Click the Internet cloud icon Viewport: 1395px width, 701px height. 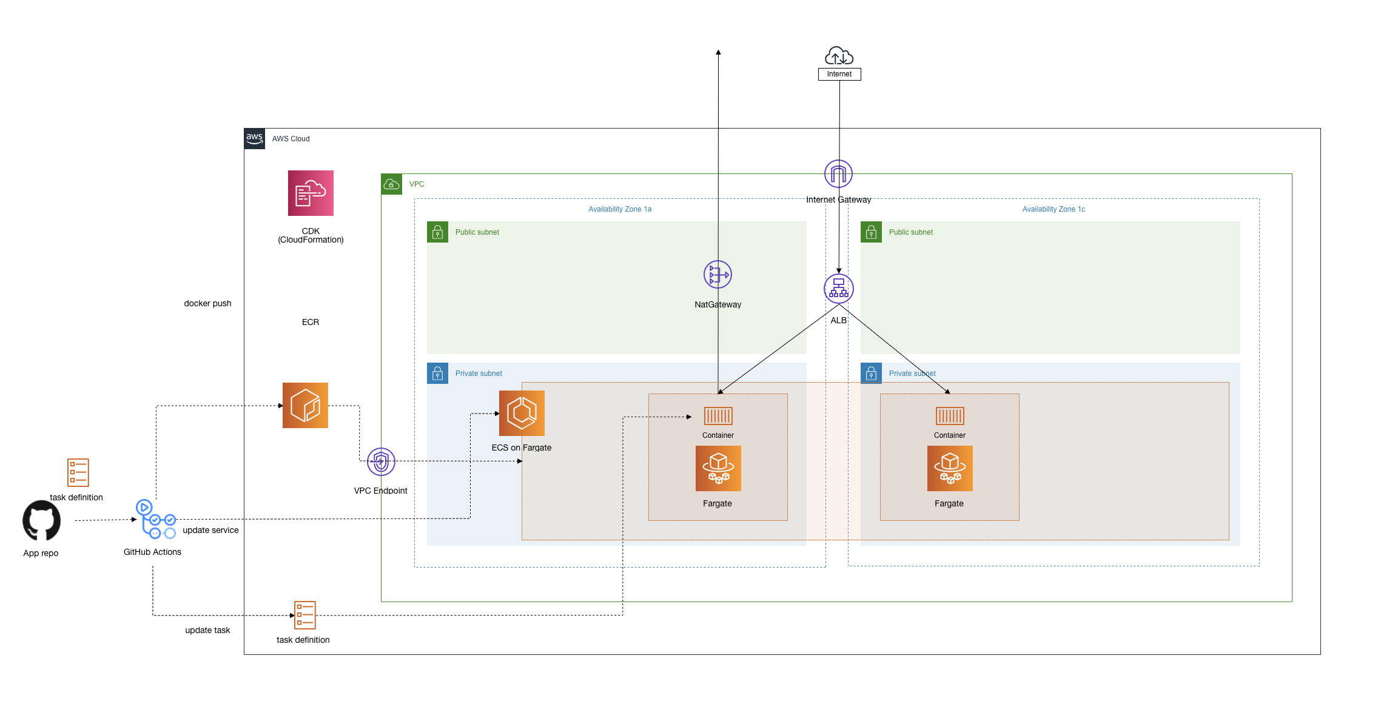coord(839,56)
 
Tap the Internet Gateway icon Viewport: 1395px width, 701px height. coord(838,174)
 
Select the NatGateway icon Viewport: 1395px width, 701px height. coord(718,275)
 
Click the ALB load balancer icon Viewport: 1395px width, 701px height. coord(839,289)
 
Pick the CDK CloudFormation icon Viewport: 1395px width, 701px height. coord(311,193)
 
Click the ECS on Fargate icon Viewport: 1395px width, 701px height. coord(522,413)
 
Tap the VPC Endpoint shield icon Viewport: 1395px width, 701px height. coord(381,462)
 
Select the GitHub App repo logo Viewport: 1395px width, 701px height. coord(41,520)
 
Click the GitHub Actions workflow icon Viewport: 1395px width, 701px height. coord(155,519)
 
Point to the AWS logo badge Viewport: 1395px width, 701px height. coord(255,138)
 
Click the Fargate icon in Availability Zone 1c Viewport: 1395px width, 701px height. coord(950,468)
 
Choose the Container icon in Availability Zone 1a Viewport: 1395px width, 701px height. coord(718,416)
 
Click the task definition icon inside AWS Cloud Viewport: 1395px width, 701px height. coord(304,615)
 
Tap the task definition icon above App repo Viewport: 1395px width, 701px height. coord(78,472)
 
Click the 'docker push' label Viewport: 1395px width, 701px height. coord(207,303)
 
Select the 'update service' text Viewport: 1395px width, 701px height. coord(210,530)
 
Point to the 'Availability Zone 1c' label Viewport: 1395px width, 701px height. coord(1054,209)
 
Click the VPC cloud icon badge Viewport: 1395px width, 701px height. coord(391,184)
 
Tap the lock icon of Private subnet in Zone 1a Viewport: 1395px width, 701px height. coord(437,374)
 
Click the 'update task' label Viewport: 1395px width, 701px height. coord(207,630)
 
